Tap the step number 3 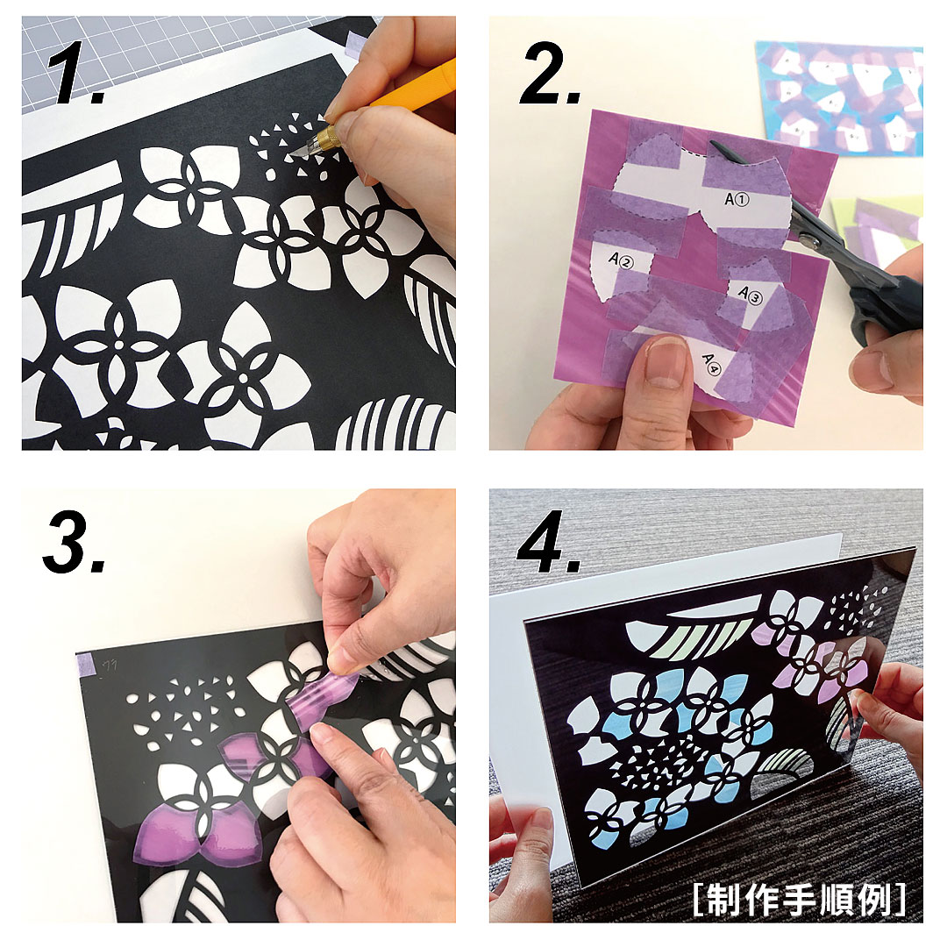74,543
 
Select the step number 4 547,543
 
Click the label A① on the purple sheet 737,199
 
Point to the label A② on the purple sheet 622,260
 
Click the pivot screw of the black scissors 810,242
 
